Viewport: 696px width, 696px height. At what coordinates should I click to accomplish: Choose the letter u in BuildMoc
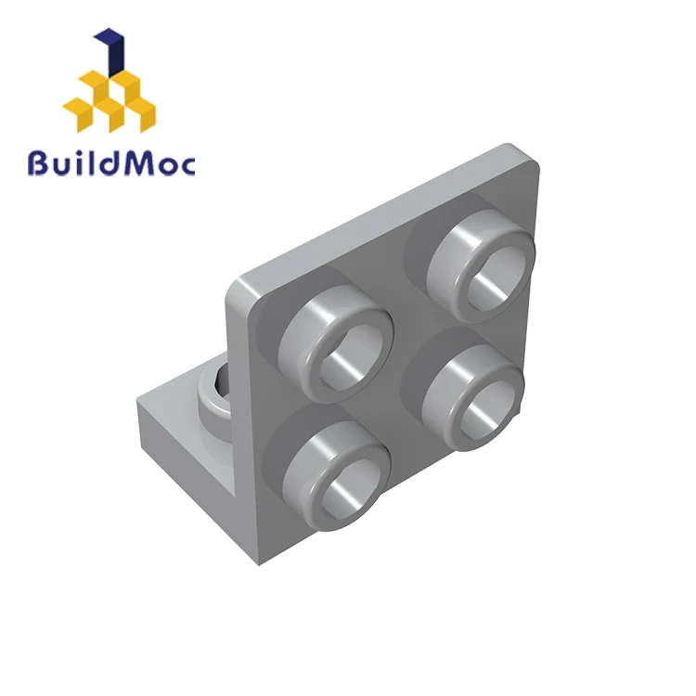tap(62, 168)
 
